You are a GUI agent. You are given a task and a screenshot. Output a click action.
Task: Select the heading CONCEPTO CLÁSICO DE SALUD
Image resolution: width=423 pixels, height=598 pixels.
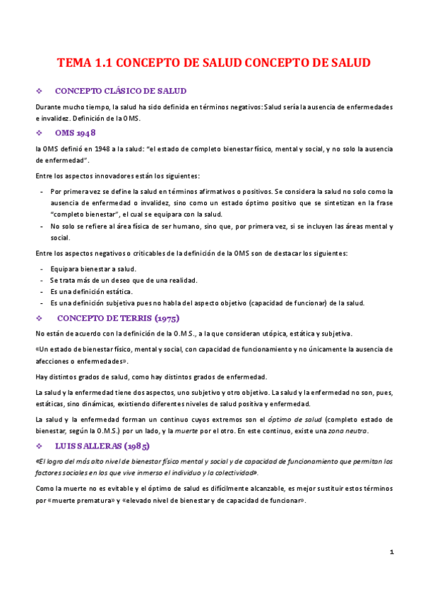click(x=120, y=91)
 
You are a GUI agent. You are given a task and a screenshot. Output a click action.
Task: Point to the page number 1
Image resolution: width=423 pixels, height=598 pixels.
click(x=391, y=551)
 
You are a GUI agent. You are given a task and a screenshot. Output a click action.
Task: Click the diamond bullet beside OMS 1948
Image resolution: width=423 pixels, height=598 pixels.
click(x=39, y=133)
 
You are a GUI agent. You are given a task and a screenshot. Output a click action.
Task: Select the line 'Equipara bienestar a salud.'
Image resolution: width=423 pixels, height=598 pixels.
click(x=93, y=269)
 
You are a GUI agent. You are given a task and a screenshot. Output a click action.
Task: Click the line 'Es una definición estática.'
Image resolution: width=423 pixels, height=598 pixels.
click(x=91, y=291)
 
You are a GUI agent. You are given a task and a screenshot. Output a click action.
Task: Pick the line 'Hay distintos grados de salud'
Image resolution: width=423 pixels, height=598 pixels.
click(x=152, y=377)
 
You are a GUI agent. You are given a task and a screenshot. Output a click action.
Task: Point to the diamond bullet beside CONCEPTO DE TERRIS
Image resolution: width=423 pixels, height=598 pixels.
click(x=39, y=317)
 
